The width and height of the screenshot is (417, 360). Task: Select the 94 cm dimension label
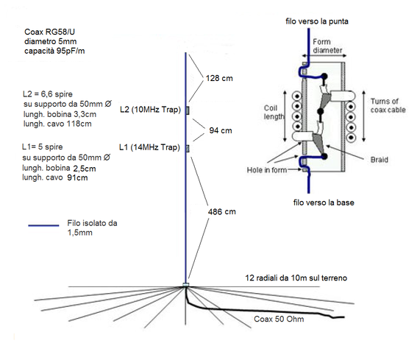(x=221, y=130)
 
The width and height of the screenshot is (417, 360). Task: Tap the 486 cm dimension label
(x=221, y=211)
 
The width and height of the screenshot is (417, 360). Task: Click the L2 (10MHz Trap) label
(x=150, y=110)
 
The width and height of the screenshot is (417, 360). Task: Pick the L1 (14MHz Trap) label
(x=150, y=147)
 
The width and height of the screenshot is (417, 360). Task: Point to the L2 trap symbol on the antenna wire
(x=187, y=110)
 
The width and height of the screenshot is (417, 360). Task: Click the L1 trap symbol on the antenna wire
(x=187, y=148)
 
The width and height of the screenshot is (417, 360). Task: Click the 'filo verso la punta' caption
(x=316, y=23)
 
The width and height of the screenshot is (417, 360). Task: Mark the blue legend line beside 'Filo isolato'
(x=45, y=226)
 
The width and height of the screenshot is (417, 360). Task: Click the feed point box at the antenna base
(x=186, y=284)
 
